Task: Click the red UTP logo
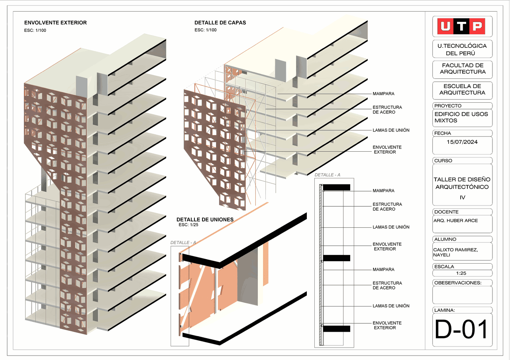point(462,26)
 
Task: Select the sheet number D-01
point(462,330)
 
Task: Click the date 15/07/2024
point(462,142)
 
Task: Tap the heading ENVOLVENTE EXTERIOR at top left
point(55,23)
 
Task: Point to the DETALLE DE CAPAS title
point(220,23)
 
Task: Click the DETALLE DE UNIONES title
point(205,219)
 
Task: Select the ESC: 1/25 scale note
point(188,225)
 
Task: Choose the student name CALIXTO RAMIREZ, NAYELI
point(455,252)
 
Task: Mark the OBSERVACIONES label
point(457,283)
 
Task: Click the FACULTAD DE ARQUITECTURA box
point(462,69)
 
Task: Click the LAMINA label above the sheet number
point(444,310)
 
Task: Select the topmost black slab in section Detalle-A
point(336,187)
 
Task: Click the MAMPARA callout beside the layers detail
point(383,94)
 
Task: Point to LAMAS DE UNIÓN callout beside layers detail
point(390,130)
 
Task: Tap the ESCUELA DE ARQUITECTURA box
point(462,90)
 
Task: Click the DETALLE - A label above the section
point(327,175)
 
